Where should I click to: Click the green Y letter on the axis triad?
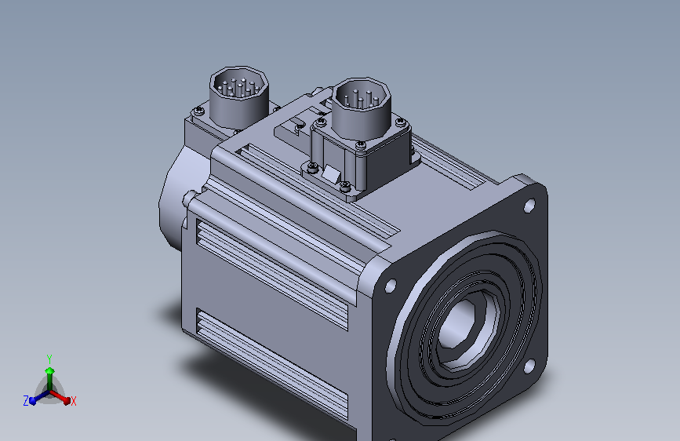tap(49, 358)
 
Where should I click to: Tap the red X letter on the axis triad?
tap(74, 401)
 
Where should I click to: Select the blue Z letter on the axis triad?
tap(26, 401)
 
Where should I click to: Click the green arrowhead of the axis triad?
tap(49, 370)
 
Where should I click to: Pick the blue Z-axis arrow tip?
tap(33, 400)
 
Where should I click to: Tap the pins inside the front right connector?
tap(360, 95)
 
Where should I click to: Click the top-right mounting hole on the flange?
tap(529, 206)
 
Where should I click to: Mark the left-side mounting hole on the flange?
tap(390, 286)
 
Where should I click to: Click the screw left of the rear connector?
tap(198, 112)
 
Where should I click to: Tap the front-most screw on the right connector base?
tap(345, 185)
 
